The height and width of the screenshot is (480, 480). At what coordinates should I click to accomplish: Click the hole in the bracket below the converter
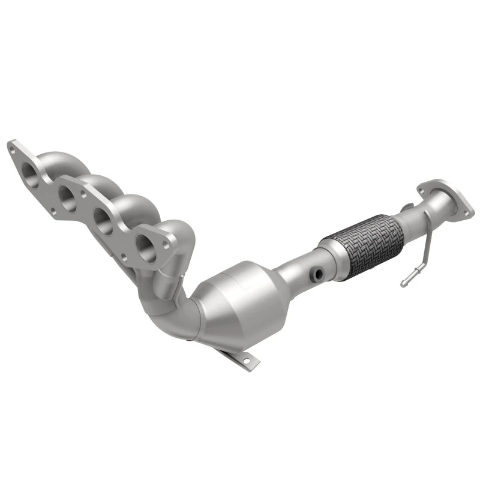click(x=245, y=361)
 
